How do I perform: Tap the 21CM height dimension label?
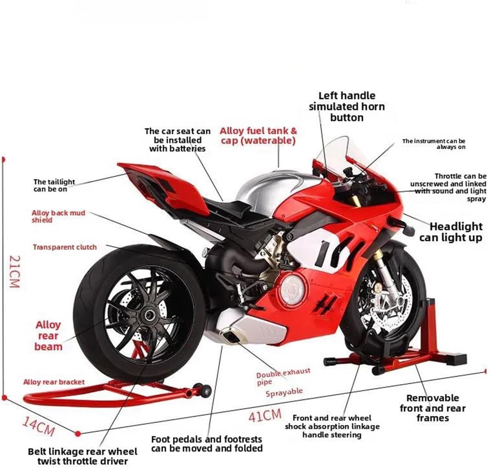coord(13,272)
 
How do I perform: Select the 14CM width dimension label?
coord(38,426)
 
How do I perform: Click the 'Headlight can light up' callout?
coord(451,232)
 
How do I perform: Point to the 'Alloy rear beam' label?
coord(48,336)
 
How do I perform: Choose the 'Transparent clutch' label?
coord(65,247)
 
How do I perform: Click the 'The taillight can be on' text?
coord(54,185)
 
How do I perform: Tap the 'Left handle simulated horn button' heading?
coord(347,106)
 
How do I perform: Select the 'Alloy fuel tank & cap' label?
coord(258,135)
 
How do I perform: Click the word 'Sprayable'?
coord(284,392)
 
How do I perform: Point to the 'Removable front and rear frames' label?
coord(433,408)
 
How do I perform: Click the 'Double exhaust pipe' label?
coord(283,376)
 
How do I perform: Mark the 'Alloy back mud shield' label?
coord(58,216)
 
